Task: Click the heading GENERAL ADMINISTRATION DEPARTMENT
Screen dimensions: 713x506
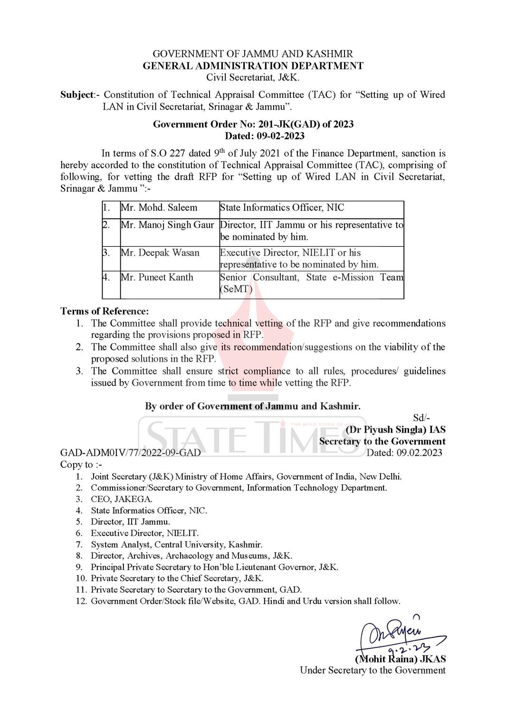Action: click(253, 66)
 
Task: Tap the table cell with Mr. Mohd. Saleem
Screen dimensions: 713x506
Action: click(159, 208)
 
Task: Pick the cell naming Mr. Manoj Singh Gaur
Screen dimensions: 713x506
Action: click(167, 225)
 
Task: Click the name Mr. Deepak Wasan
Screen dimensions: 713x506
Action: click(160, 252)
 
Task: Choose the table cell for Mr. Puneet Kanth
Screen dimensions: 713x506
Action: click(157, 277)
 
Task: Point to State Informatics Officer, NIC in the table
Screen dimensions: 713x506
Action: click(282, 208)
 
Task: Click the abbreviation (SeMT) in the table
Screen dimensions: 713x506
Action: click(236, 289)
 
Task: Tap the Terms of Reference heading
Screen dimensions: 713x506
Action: click(105, 311)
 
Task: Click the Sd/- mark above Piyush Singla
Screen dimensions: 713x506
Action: click(421, 418)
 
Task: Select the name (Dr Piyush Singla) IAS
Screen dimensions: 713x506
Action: click(395, 430)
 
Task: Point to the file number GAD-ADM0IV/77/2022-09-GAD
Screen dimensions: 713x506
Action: click(130, 453)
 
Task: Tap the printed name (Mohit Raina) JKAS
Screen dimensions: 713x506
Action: click(401, 659)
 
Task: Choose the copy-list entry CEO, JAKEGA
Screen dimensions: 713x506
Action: click(122, 499)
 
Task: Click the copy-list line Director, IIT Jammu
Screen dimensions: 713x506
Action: click(130, 521)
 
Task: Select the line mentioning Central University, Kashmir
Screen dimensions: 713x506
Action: click(176, 544)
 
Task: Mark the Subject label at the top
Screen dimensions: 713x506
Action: click(77, 95)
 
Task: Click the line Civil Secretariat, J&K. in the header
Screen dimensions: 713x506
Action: click(253, 77)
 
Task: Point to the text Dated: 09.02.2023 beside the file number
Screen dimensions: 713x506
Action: click(404, 453)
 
